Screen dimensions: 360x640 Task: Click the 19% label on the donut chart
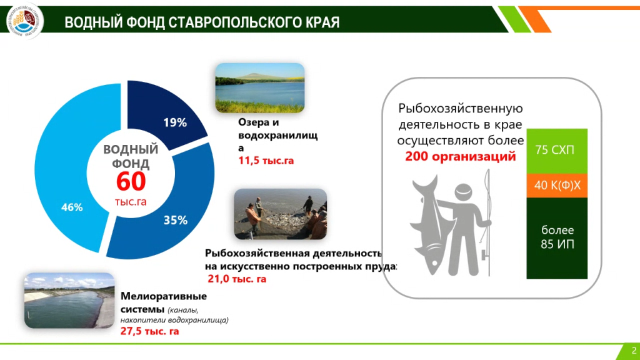tap(175, 123)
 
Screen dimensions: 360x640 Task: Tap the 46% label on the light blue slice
tap(71, 207)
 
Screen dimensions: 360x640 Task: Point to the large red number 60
tap(131, 182)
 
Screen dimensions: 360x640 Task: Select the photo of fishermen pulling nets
tap(280, 214)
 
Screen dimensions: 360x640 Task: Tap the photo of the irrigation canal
tap(69, 301)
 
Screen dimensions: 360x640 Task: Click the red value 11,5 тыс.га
tap(266, 161)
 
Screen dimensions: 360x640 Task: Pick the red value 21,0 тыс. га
tap(237, 279)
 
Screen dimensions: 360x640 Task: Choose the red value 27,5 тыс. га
tap(149, 331)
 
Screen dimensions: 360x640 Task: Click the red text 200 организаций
tap(460, 156)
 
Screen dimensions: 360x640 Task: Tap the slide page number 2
tap(633, 350)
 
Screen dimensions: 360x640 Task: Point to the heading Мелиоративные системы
tap(164, 302)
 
